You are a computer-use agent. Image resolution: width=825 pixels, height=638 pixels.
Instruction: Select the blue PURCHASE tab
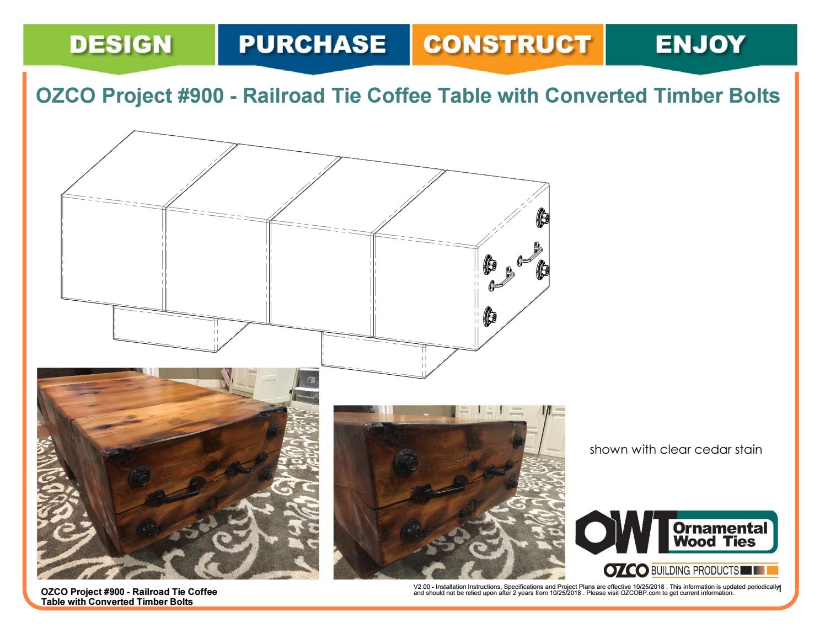pos(314,44)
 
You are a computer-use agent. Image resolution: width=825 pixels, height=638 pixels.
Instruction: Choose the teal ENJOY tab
pos(700,44)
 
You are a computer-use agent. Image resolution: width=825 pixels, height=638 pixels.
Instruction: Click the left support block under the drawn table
pos(165,329)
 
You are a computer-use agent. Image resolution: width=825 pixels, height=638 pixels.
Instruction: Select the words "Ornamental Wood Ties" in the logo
pos(720,534)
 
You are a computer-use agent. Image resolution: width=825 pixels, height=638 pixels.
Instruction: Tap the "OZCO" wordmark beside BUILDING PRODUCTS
pos(627,570)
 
